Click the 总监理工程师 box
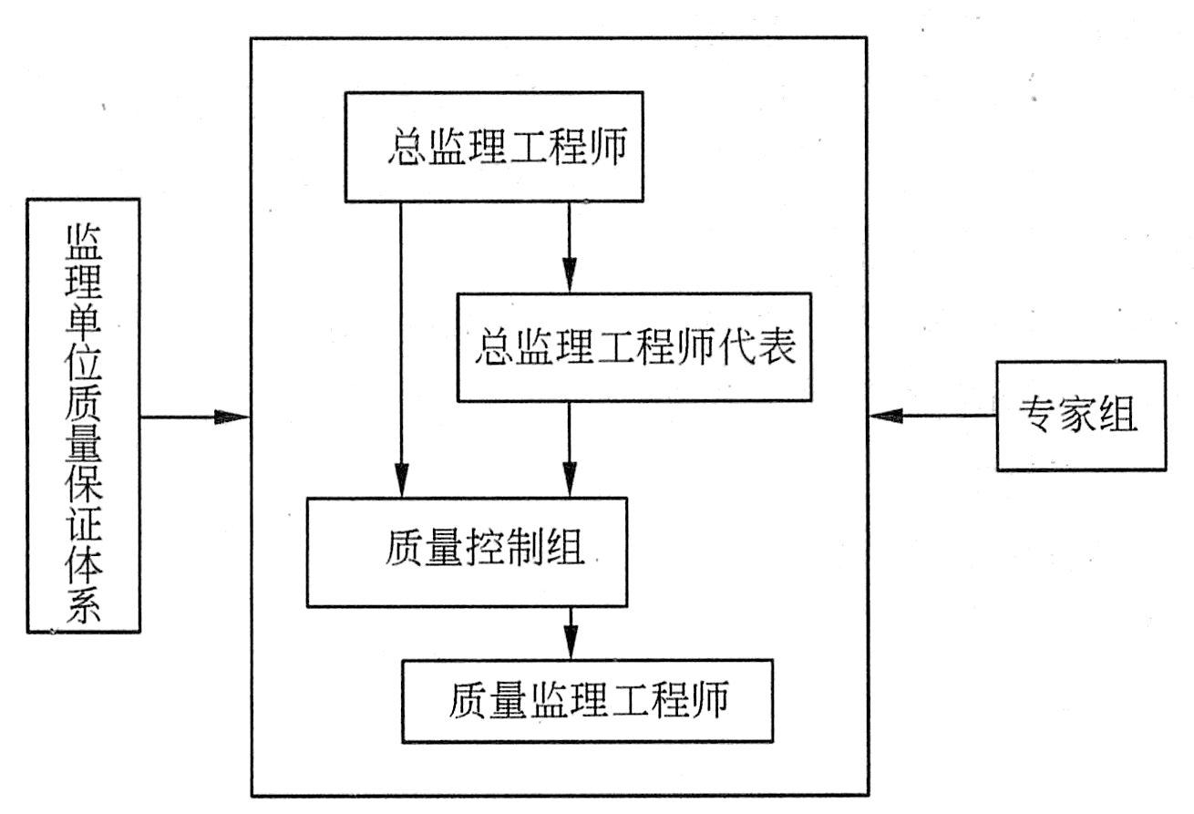pos(493,147)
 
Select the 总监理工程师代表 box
pos(633,347)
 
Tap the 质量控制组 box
pos(467,551)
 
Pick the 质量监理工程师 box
pos(587,700)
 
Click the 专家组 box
pos(1080,416)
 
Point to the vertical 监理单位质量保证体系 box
pos(84,416)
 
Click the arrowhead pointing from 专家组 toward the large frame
pos(884,417)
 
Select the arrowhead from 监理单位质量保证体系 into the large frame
pos(232,417)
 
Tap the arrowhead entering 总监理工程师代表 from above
pos(570,276)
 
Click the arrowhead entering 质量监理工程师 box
pos(571,644)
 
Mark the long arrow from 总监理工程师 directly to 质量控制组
pos(400,346)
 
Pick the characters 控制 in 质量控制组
pos(504,551)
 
